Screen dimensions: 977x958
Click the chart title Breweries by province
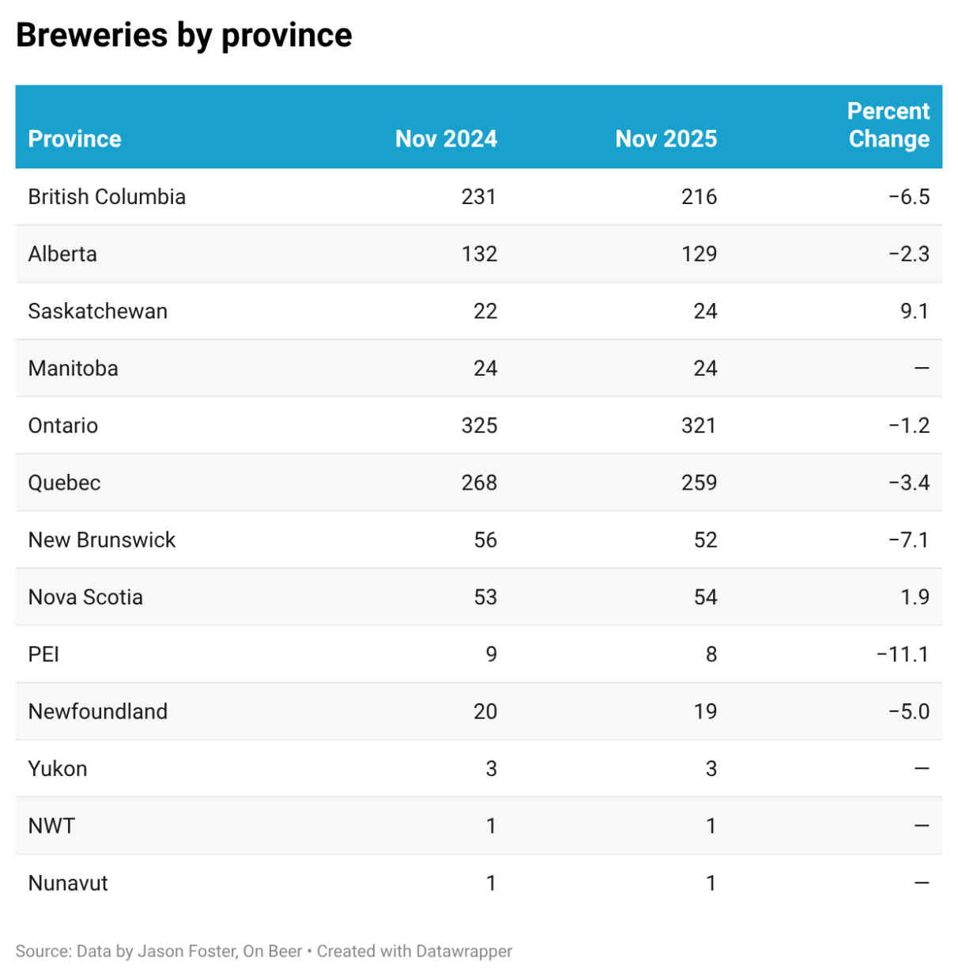(x=183, y=36)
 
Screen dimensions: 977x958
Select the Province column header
(x=74, y=139)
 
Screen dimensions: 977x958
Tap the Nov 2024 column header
(x=446, y=139)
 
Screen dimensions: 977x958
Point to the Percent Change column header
(x=888, y=125)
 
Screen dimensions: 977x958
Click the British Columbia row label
(x=107, y=197)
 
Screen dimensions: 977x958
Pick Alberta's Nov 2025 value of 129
(x=699, y=254)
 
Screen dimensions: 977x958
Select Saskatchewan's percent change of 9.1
(x=914, y=311)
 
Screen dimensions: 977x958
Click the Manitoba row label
(x=73, y=369)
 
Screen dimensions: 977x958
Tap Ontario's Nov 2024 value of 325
(x=479, y=426)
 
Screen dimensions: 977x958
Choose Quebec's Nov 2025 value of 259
(x=699, y=483)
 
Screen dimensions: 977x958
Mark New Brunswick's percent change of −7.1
(x=908, y=540)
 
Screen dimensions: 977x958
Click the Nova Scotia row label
(x=85, y=597)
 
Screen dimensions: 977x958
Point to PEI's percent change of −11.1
(x=903, y=654)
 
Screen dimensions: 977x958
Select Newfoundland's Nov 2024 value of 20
(x=485, y=711)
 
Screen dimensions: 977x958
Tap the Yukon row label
(x=58, y=769)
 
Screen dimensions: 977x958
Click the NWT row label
(x=51, y=826)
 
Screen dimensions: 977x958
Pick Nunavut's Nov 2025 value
(x=711, y=883)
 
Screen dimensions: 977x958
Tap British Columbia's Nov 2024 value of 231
(x=478, y=197)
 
